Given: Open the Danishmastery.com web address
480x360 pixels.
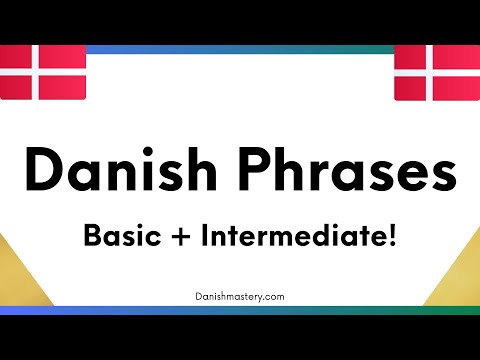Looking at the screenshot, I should click(x=240, y=297).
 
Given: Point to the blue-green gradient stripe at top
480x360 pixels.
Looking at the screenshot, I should click(x=240, y=48).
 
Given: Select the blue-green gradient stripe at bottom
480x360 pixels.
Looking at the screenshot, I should click(x=240, y=311).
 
